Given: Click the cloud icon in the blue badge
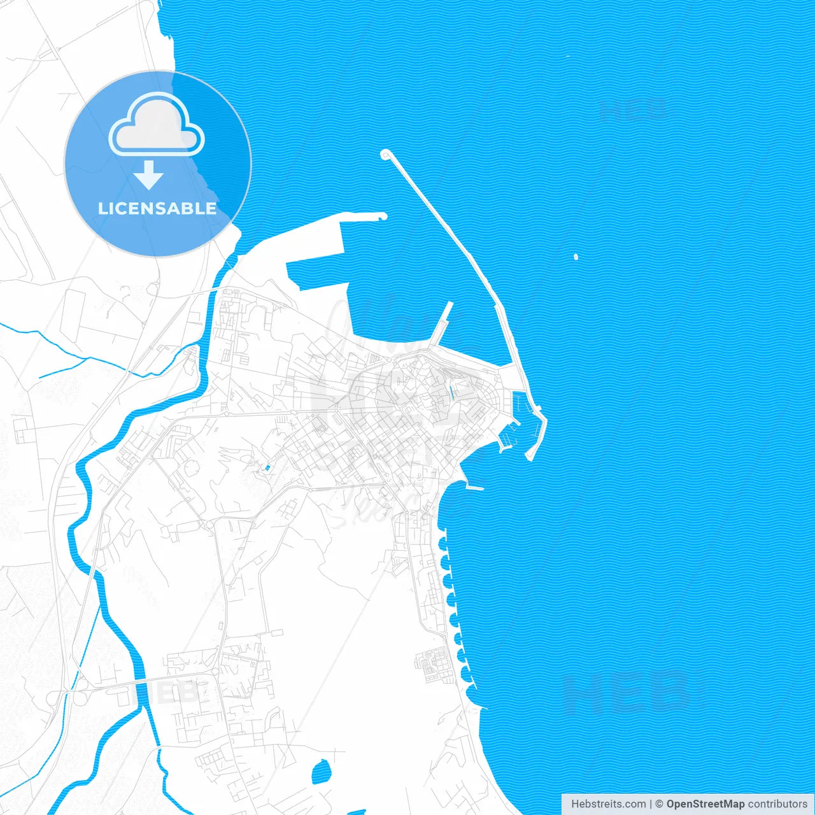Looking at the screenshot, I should click(157, 124).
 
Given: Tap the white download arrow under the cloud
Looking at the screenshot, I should click(149, 174).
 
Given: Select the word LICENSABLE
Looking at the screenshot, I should click(157, 208).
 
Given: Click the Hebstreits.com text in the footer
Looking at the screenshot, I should click(608, 804).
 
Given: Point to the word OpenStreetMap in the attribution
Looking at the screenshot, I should click(705, 804).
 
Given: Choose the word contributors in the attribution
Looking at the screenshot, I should click(777, 804).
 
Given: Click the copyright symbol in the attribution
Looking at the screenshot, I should click(660, 804).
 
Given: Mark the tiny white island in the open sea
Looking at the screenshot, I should click(576, 257).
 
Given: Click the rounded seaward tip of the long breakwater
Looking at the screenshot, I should click(385, 154).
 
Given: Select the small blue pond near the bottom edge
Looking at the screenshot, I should click(321, 772).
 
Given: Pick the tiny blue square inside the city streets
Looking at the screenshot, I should click(267, 469).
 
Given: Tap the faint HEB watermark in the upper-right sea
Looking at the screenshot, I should click(634, 110).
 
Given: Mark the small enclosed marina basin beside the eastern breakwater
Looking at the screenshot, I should click(519, 404).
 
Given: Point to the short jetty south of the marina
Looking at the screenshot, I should click(475, 488).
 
